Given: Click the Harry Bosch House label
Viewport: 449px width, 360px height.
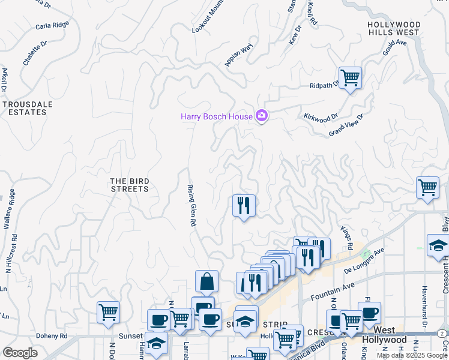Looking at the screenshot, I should (217, 116).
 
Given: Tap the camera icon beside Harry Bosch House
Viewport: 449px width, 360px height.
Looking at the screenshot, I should (261, 115).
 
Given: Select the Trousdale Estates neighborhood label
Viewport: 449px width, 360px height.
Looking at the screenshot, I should (25, 108).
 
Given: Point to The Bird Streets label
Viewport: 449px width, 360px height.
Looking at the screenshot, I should (129, 185).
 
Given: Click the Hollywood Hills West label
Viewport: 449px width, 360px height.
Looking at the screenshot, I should (394, 28).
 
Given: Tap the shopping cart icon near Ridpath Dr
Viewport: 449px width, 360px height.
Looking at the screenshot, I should (350, 77).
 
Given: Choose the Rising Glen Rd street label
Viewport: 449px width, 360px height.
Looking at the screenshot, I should (191, 205).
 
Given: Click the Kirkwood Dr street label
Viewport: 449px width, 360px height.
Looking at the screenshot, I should (321, 118).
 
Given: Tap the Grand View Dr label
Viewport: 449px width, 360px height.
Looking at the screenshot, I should (346, 125).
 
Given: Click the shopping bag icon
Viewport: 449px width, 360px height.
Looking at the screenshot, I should (206, 281).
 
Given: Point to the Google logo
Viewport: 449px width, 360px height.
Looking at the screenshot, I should (20, 353).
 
